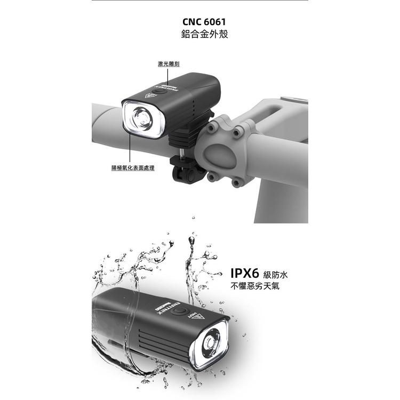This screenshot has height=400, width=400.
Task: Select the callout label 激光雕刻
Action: coord(168,63)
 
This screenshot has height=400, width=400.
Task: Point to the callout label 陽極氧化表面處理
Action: coord(133,168)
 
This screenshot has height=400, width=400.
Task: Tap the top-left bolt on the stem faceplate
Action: coord(213,129)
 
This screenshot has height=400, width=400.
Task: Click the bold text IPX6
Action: coord(244,274)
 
